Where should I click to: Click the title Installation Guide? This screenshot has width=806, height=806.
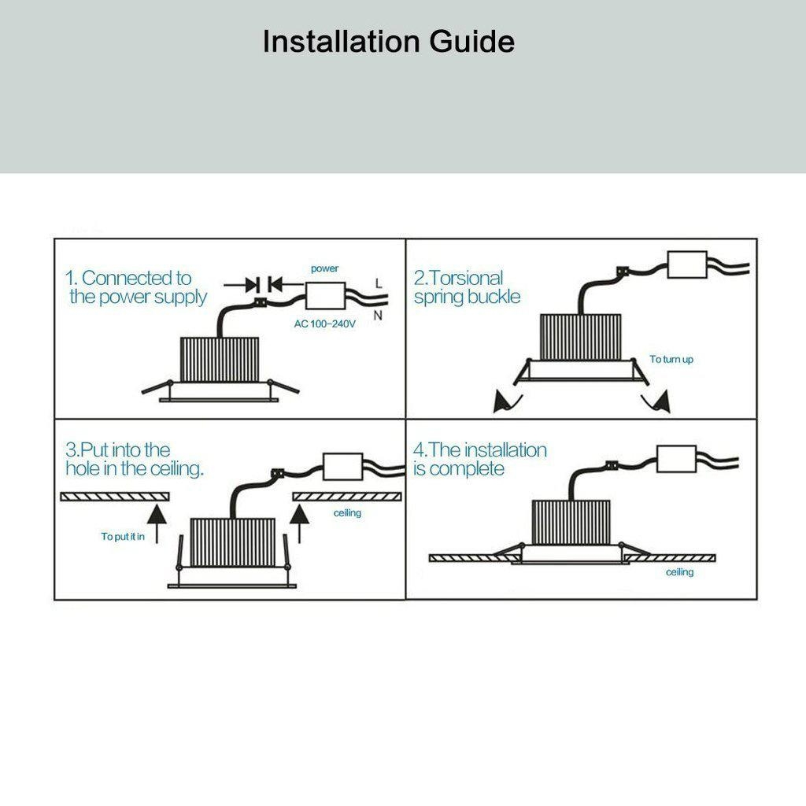(x=388, y=41)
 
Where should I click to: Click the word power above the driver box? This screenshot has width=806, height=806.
(x=324, y=268)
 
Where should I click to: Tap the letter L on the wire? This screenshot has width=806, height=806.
(x=379, y=282)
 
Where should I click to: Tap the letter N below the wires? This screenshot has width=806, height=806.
(x=379, y=316)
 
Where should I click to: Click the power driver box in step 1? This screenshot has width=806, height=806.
(x=326, y=297)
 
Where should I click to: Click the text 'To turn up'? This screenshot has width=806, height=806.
(x=671, y=359)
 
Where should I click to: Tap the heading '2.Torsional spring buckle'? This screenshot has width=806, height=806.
(x=466, y=287)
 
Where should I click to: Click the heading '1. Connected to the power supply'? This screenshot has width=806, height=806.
(x=135, y=287)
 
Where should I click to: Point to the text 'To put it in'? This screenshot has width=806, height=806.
(x=123, y=537)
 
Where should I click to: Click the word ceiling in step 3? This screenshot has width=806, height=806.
(x=347, y=513)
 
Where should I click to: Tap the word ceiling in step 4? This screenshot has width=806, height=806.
(x=679, y=572)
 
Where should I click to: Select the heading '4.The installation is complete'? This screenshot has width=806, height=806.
(x=480, y=459)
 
